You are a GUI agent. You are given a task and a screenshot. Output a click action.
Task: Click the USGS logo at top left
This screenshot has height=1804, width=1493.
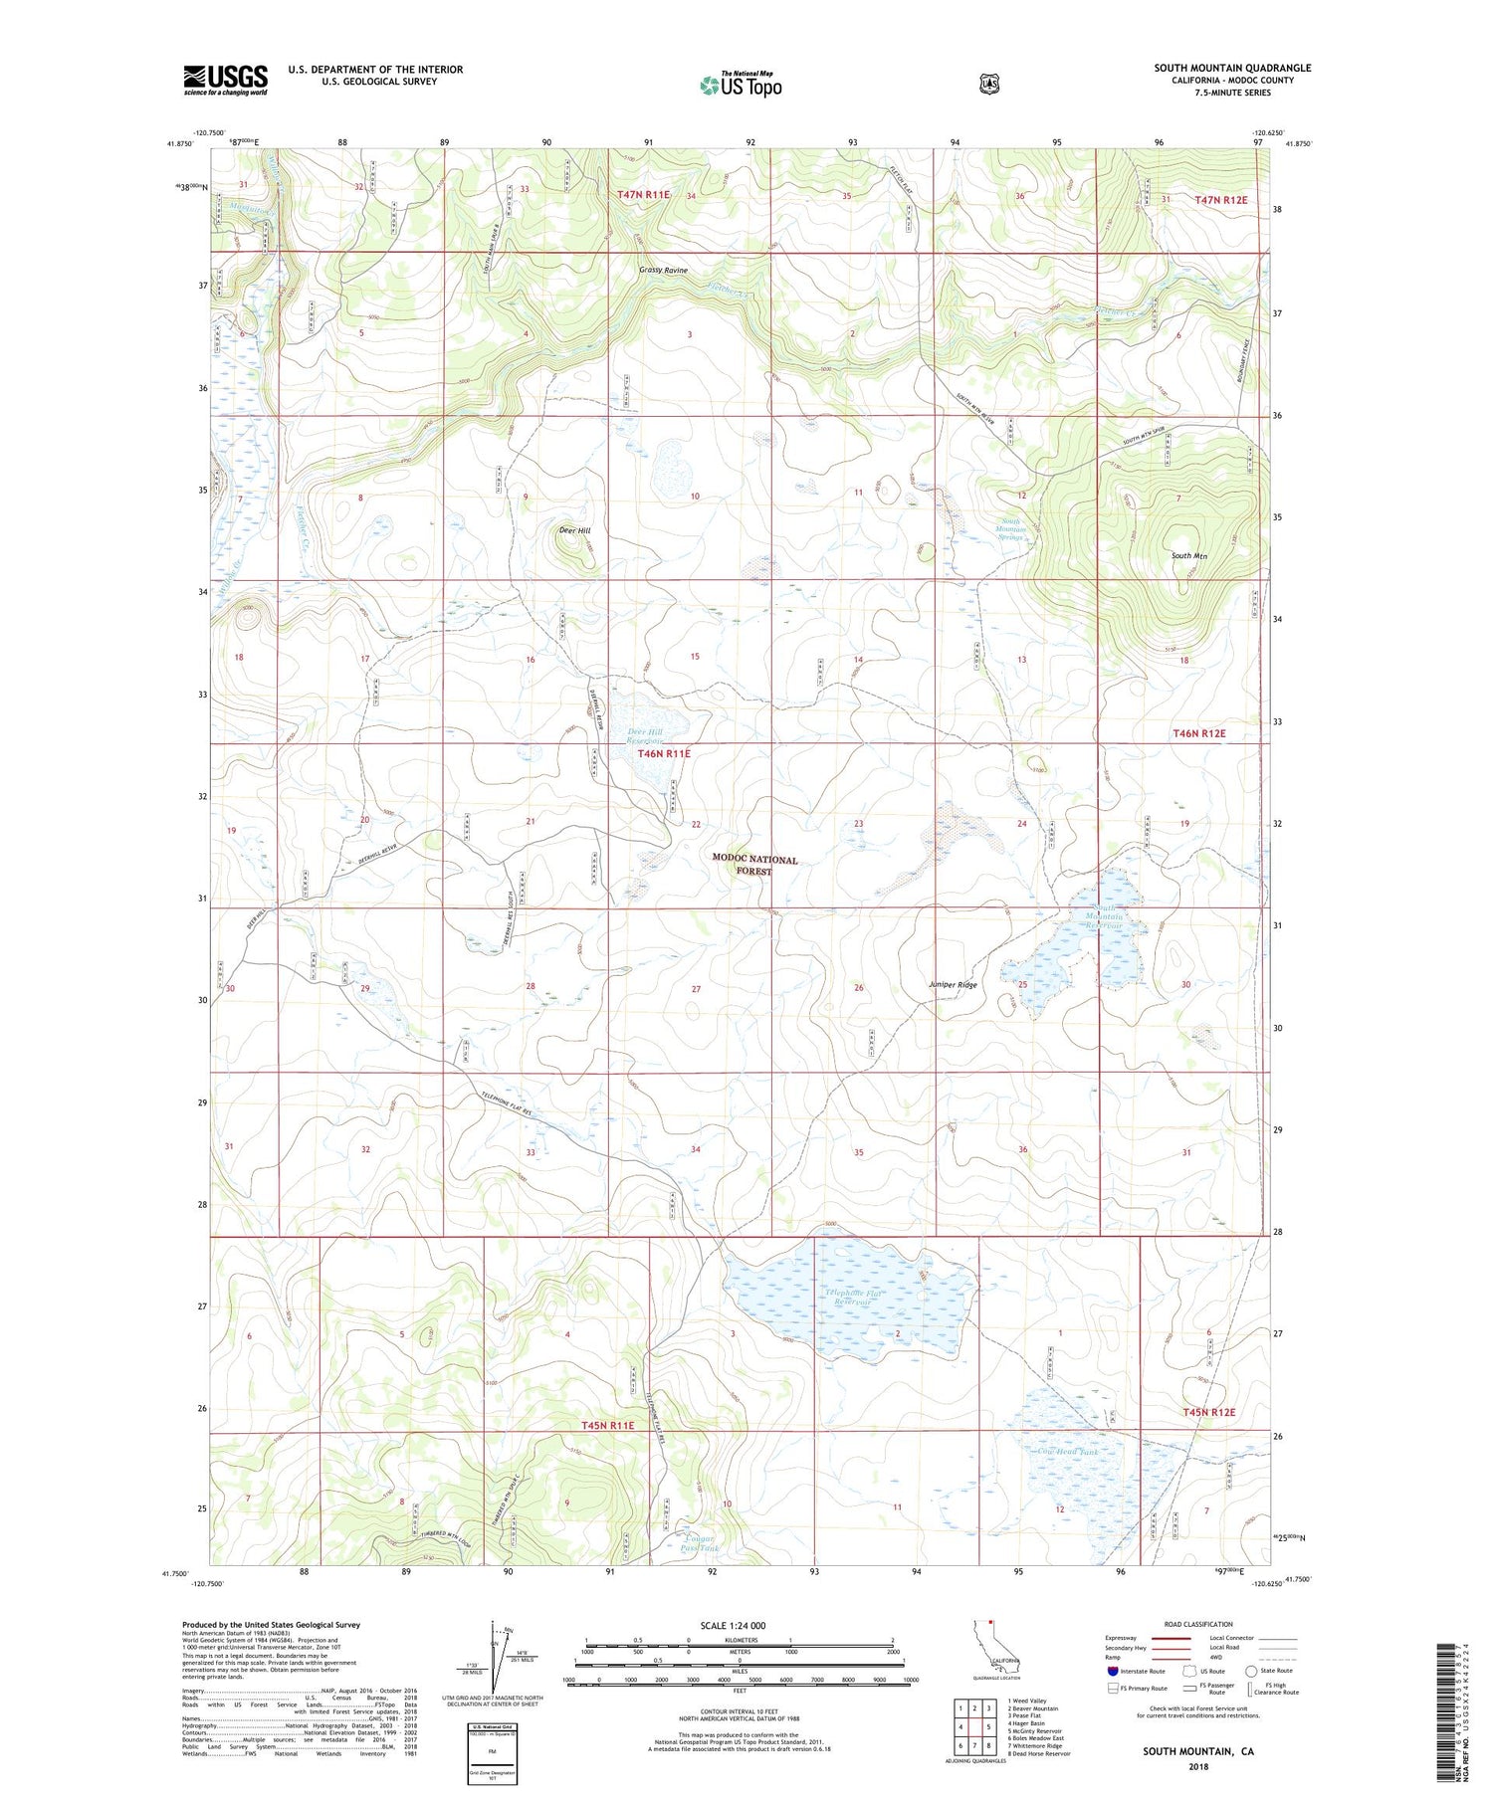click(x=225, y=80)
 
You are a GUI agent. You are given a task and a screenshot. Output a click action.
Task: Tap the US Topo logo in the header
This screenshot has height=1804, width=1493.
click(x=741, y=85)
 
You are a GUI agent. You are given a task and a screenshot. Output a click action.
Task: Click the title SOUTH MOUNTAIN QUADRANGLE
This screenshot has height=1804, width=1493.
click(x=1232, y=68)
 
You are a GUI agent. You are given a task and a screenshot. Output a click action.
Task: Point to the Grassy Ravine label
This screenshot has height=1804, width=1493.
click(x=663, y=271)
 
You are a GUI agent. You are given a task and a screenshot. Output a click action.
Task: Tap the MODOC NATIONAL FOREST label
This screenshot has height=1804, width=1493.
click(x=754, y=865)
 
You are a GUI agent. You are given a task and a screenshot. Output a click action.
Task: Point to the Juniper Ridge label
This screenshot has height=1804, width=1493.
click(x=953, y=985)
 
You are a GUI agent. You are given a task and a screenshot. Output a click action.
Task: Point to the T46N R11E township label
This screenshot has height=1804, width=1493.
click(x=664, y=754)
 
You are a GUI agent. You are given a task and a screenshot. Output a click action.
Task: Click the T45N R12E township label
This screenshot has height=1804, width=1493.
click(x=1208, y=1412)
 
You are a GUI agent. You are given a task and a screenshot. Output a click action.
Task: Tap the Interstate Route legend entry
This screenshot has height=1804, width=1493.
click(x=1135, y=1671)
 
